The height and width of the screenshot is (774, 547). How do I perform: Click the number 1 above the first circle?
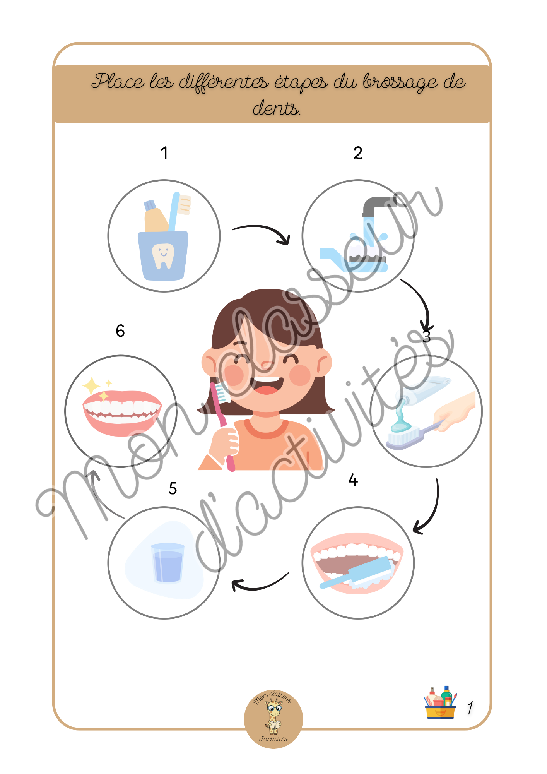(x=164, y=153)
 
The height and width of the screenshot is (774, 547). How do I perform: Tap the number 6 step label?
(x=120, y=331)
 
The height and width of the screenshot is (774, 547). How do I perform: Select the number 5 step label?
(x=173, y=488)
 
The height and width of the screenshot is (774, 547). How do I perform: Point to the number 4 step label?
(x=353, y=480)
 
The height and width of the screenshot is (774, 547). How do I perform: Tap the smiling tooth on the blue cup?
(x=163, y=255)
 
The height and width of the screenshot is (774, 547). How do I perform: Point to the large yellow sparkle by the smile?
(x=91, y=385)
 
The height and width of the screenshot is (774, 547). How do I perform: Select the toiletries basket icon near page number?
(x=441, y=703)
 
